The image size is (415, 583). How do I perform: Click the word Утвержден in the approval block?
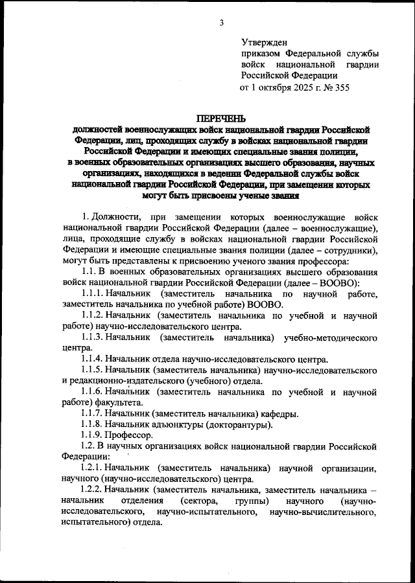tap(264, 41)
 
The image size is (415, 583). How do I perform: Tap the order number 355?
tap(340, 87)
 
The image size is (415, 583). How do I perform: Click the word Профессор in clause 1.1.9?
tap(131, 435)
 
